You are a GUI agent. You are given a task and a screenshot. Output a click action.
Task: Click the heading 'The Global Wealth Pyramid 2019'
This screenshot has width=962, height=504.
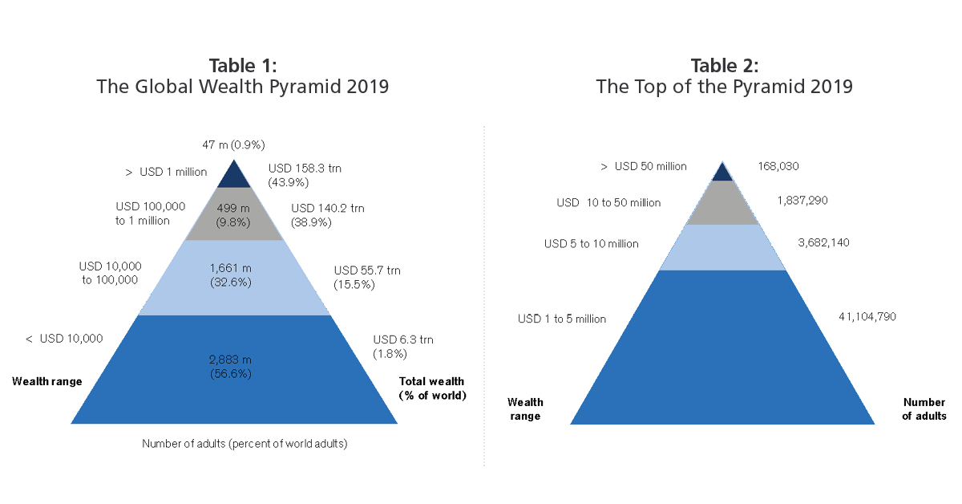click(242, 87)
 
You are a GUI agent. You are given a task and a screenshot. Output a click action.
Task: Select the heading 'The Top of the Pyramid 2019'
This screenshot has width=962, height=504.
click(724, 87)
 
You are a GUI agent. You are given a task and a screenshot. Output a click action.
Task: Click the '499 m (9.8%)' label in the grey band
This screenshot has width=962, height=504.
click(234, 215)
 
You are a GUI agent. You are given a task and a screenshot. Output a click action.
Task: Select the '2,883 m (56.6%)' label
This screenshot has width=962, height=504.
click(234, 366)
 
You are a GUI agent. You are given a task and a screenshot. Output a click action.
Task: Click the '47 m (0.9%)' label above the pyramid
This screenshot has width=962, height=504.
click(233, 145)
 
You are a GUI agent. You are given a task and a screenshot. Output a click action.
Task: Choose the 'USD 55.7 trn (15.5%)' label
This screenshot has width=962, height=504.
click(366, 277)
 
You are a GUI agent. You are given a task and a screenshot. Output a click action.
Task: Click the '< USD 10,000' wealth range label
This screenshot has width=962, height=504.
click(64, 339)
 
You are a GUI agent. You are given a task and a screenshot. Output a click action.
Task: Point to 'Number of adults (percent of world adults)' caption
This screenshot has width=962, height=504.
click(245, 443)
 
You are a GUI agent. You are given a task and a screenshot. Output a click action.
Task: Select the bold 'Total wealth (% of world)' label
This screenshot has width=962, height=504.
click(432, 388)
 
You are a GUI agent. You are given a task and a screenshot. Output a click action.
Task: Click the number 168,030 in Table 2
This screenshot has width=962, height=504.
click(778, 167)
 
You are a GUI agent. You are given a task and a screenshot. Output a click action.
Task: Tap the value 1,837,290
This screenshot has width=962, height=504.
click(802, 201)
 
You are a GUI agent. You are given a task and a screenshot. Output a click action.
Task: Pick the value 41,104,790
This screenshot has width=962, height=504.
click(867, 317)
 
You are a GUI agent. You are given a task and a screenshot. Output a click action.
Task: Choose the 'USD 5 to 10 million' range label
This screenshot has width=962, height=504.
click(592, 243)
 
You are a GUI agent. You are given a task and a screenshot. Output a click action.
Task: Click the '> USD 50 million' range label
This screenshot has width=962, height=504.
click(644, 166)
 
